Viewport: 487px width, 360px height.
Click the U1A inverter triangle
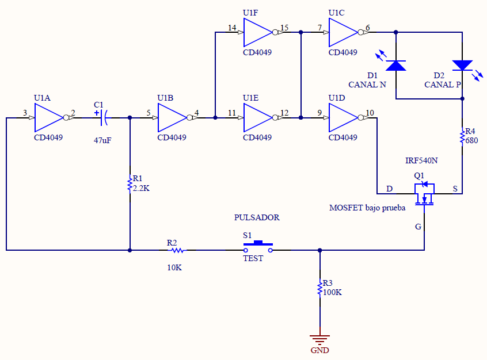pos(48,118)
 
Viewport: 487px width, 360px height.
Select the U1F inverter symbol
pos(257,32)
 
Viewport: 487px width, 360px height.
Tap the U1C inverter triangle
pos(343,32)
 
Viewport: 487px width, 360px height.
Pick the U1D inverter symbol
pos(343,118)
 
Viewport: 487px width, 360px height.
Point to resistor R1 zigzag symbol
pos(130,184)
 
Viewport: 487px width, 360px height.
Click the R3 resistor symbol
pos(320,288)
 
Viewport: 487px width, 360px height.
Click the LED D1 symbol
pos(396,66)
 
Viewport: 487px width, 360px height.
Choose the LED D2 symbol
pos(462,66)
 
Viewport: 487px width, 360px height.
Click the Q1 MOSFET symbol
pos(424,193)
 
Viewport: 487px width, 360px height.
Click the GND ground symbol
pos(320,339)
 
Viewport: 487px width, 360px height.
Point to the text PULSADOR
pos(257,218)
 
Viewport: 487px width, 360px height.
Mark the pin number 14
pos(232,28)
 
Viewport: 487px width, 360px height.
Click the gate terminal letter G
pos(418,227)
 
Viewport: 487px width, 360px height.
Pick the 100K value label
pos(332,292)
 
